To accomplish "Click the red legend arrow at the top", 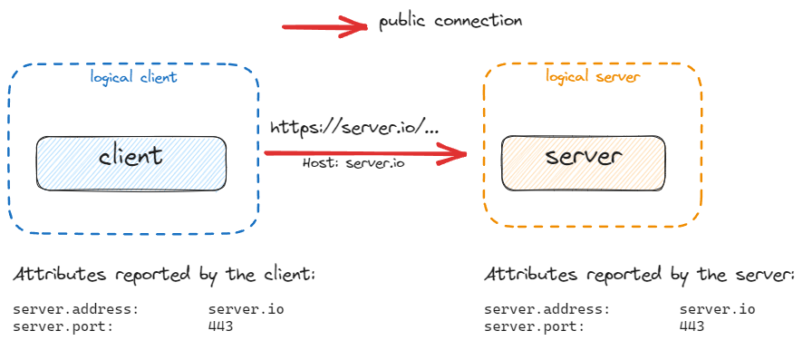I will tap(326, 26).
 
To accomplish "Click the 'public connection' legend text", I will tap(450, 21).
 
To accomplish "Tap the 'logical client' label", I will tap(133, 77).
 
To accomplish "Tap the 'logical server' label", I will tap(593, 77).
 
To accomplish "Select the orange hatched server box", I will tap(585, 163).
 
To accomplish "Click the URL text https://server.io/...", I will tap(354, 128).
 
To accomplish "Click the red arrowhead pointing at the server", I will tap(453, 156).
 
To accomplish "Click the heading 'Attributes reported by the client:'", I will tap(163, 275).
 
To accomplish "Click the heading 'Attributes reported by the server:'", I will tap(638, 275).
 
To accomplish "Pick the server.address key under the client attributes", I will tap(75, 310).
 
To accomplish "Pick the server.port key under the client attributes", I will tap(63, 326).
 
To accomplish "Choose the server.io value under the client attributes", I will tap(246, 310).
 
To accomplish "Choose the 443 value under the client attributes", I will tap(220, 326).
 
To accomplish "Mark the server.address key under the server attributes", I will tap(547, 310).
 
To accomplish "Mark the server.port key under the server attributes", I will tap(534, 326).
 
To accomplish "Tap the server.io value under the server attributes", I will tap(717, 310).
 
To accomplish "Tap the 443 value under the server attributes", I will tap(692, 326).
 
